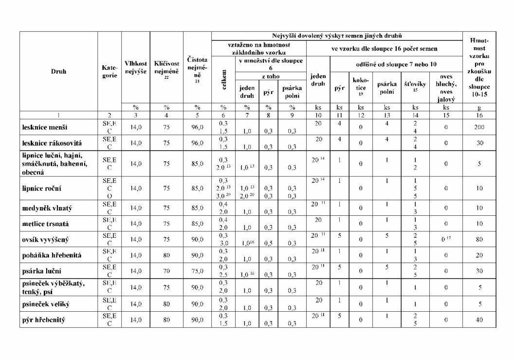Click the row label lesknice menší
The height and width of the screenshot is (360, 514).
[x=45, y=128]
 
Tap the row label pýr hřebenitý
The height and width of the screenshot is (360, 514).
[x=44, y=320]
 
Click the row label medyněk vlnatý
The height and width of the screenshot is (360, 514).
[x=47, y=208]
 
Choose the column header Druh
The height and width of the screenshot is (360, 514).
[x=58, y=71]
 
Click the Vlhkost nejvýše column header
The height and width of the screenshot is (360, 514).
[x=136, y=68]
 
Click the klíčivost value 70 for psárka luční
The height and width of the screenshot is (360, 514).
[x=166, y=271]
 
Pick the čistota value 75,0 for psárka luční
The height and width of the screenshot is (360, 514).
[x=197, y=271]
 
